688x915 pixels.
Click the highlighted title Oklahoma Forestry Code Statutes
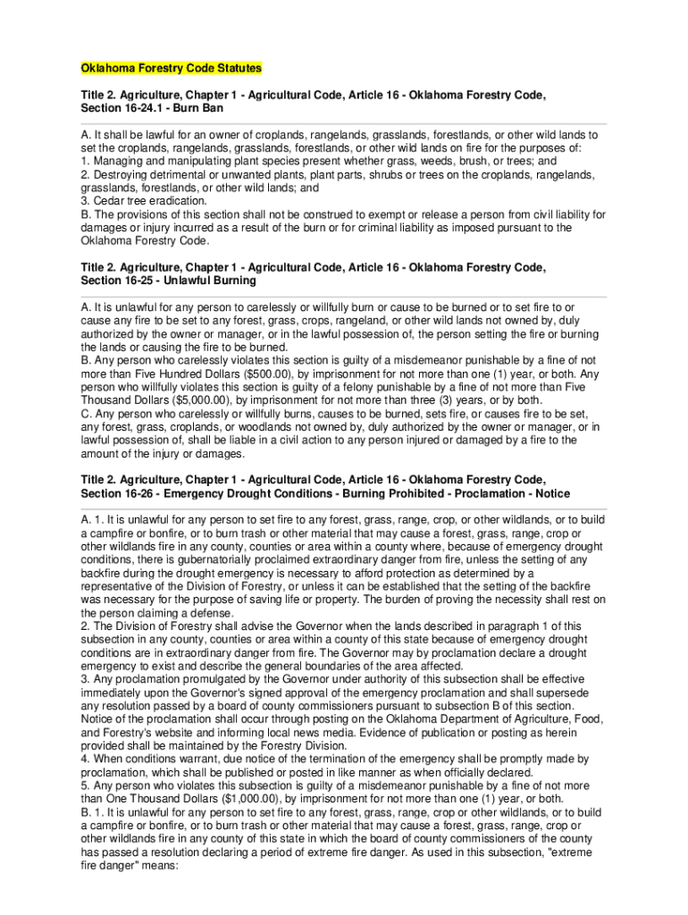tap(172, 68)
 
